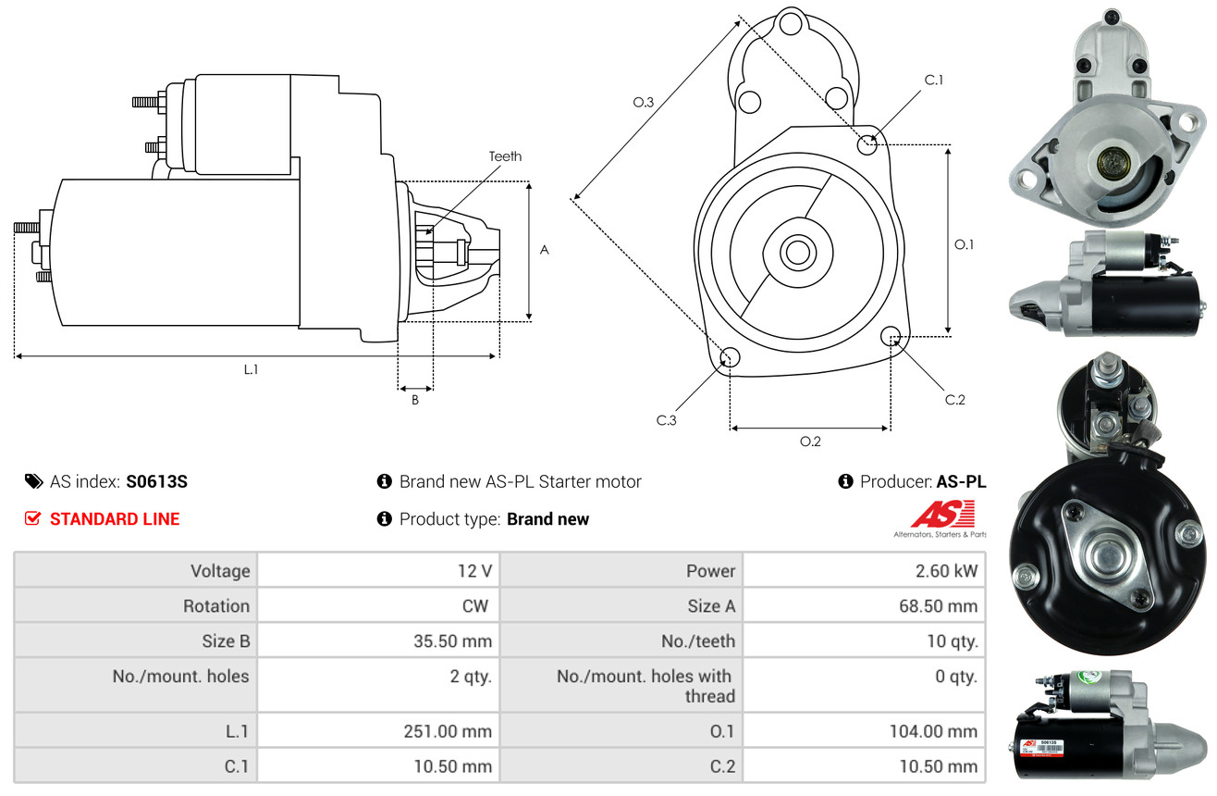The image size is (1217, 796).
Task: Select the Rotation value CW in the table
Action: (x=474, y=605)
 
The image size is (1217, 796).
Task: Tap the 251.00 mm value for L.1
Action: (x=448, y=731)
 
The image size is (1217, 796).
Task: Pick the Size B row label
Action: (x=226, y=641)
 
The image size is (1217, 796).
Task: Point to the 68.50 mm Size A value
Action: (x=938, y=605)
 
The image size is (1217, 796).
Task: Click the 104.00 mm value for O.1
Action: (x=933, y=731)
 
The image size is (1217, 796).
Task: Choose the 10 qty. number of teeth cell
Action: (x=952, y=641)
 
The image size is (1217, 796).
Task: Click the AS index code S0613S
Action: (x=156, y=481)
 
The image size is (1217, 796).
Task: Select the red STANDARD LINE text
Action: (x=115, y=518)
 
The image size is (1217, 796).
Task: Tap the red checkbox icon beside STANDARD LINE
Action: (x=32, y=518)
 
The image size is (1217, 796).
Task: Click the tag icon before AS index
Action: (x=33, y=481)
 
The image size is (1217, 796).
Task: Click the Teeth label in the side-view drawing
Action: (x=505, y=156)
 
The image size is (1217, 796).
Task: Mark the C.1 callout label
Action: (x=933, y=80)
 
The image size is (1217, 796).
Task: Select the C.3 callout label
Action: (x=666, y=420)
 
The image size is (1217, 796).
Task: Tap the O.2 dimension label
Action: (x=810, y=442)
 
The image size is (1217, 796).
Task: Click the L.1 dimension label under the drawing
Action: (x=251, y=369)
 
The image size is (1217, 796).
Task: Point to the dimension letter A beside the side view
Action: (x=544, y=250)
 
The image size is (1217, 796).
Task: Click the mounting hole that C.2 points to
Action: (x=891, y=336)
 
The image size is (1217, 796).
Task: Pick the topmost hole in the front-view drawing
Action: (x=791, y=24)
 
